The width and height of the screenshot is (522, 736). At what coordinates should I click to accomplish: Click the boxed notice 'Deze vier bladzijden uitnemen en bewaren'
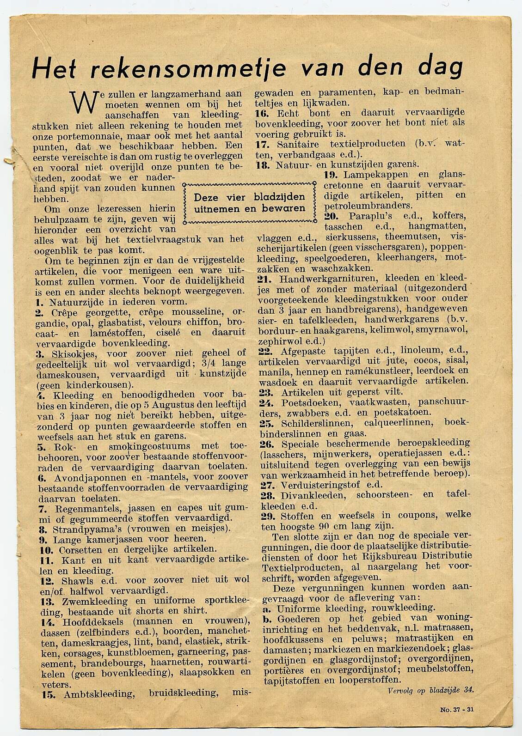(250, 203)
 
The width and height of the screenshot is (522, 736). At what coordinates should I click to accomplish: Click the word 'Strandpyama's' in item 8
(86, 529)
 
